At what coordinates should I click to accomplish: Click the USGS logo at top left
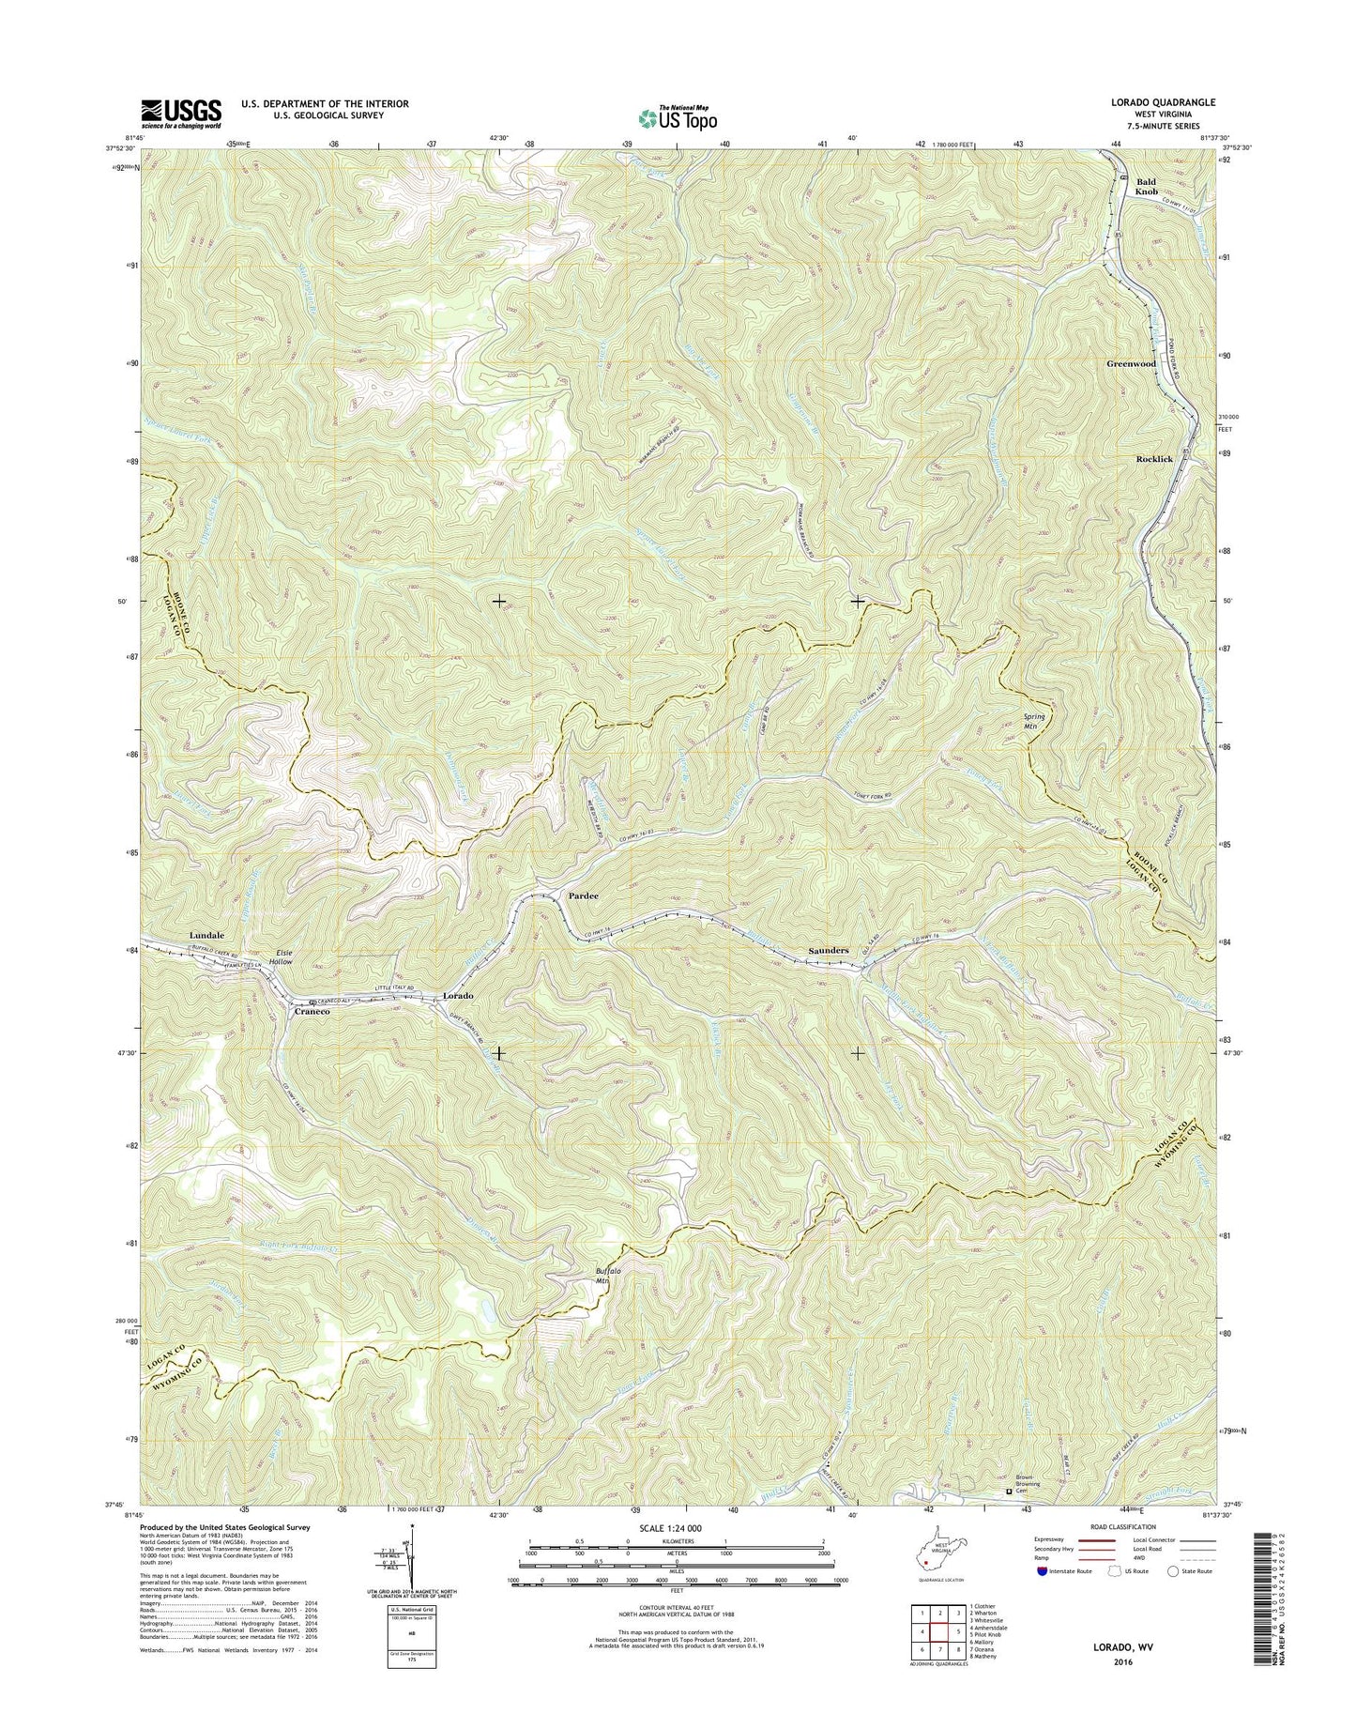[181, 114]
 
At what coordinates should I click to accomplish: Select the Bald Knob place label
[1146, 187]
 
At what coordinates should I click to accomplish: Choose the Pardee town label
[584, 896]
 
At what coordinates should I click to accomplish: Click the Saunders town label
[829, 951]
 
